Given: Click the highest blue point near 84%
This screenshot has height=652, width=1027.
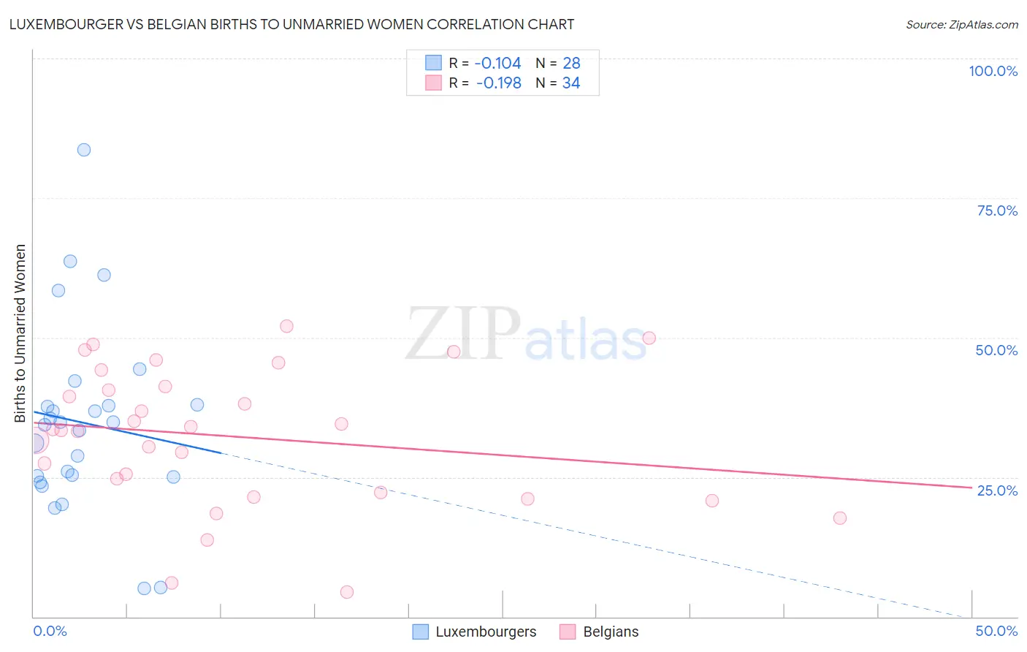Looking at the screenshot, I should point(84,150).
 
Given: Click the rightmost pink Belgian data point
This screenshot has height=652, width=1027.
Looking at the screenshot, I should point(840,518).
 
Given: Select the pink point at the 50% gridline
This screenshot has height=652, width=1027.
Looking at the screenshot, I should point(649,338).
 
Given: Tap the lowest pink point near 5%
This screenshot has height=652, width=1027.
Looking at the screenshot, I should point(347,592).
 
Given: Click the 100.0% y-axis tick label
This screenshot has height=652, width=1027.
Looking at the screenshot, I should point(993,71).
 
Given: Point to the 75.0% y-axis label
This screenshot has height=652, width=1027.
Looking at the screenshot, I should point(997,211).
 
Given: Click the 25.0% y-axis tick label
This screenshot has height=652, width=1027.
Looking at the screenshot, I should point(997,490).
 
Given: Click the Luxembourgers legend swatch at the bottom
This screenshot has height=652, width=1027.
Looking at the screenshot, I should point(421,632).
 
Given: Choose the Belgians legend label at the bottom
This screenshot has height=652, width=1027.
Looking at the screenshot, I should point(611,632).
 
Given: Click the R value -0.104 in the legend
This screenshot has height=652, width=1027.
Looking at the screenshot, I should point(497,64).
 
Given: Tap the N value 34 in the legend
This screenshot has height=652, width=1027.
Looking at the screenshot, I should point(571,83).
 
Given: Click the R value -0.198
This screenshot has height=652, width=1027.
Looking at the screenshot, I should point(498,83).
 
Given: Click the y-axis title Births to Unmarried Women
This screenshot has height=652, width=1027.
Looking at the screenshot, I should point(20,333).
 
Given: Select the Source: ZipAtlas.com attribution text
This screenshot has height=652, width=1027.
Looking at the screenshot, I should point(961,24).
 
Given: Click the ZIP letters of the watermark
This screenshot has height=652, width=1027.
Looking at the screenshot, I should point(462,334).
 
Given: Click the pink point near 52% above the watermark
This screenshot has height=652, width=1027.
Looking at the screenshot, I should point(286,326).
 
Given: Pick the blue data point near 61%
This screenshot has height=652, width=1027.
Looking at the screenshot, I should point(104,275).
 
